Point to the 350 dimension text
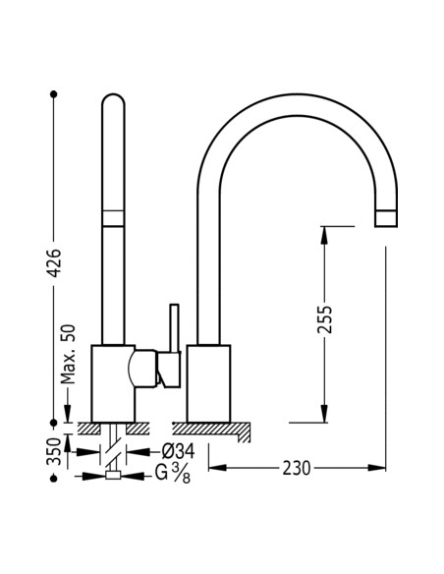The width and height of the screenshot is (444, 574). click(56, 453)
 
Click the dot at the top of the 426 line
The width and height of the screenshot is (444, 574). click(55, 94)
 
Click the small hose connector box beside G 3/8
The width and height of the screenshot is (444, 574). click(114, 477)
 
